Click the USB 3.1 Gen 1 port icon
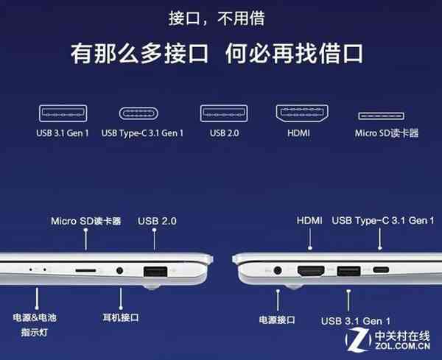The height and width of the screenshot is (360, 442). pos(63,114)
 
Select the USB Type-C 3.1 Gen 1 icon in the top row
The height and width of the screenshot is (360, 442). pos(142,114)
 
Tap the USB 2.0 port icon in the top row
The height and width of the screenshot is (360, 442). pos(222,114)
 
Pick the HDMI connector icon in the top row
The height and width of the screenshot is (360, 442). pos(301,114)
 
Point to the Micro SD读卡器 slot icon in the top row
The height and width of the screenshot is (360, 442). pos(382,116)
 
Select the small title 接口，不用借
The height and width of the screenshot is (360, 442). pos(221,15)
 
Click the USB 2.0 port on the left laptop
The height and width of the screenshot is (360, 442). pos(155,271)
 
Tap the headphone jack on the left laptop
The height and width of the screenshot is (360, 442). pos(120,271)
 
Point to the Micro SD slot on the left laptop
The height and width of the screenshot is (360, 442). pos(85,271)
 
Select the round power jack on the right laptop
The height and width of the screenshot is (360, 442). pos(278,270)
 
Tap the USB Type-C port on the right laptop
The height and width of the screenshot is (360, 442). pos(381,270)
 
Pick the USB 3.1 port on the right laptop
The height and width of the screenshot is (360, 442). pos(348,270)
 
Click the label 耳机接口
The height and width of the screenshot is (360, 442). pos(120,318)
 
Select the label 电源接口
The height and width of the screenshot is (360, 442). pos(277,320)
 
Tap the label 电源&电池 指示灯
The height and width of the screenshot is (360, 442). pos(35,325)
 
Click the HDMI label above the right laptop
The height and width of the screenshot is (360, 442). pos(310,220)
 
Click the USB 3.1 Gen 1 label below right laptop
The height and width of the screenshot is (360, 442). pos(356,321)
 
